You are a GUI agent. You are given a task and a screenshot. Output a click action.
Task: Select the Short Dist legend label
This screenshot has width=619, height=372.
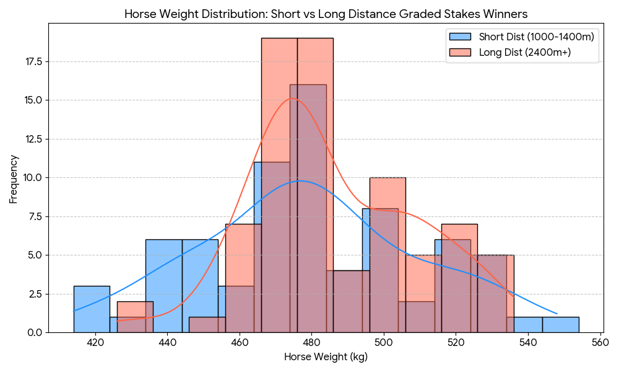tap(537, 37)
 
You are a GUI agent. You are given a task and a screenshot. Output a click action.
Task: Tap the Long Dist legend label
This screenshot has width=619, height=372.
tap(525, 52)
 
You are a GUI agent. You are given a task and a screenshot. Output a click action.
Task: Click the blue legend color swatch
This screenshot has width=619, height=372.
tap(460, 37)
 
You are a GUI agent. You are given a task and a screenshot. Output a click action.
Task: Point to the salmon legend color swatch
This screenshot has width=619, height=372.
tap(460, 52)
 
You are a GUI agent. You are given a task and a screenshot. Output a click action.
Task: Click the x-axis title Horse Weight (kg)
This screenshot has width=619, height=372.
tap(326, 357)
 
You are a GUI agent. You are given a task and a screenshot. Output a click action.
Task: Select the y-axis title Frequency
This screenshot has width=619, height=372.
tap(14, 179)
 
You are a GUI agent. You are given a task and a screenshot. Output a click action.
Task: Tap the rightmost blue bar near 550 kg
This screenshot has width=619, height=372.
tap(561, 325)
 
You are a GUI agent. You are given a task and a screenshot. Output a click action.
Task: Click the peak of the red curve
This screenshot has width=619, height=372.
tap(293, 99)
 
